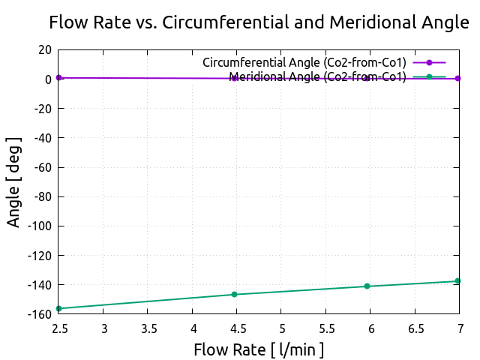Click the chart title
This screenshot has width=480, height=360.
(x=259, y=22)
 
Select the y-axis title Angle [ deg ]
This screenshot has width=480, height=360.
(x=14, y=182)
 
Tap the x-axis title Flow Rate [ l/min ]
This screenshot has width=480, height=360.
(x=259, y=349)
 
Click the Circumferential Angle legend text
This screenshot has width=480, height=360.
(x=304, y=62)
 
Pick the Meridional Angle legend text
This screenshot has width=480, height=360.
(x=317, y=76)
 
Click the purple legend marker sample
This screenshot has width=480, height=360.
(x=429, y=62)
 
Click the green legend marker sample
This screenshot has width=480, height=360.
(x=429, y=76)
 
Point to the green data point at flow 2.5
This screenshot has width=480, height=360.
(x=58, y=308)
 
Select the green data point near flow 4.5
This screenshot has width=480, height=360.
(x=234, y=295)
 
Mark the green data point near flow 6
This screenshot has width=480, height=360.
(x=367, y=286)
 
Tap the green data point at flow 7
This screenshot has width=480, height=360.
(x=457, y=281)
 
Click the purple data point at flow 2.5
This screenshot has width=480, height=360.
(x=58, y=77)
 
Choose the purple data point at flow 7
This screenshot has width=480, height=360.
(x=457, y=79)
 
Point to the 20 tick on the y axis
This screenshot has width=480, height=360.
(x=44, y=49)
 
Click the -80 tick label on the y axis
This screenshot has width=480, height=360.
(x=41, y=196)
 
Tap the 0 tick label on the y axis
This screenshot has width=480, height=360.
(x=48, y=79)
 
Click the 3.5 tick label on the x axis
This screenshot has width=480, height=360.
(x=148, y=328)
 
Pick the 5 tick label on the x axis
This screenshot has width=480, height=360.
(x=281, y=328)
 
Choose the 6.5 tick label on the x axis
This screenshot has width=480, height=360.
(x=414, y=328)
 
